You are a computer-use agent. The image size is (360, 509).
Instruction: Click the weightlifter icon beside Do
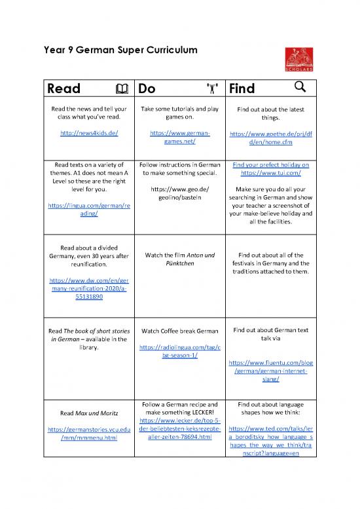(211, 88)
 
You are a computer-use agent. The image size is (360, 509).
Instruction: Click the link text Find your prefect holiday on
(270, 164)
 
